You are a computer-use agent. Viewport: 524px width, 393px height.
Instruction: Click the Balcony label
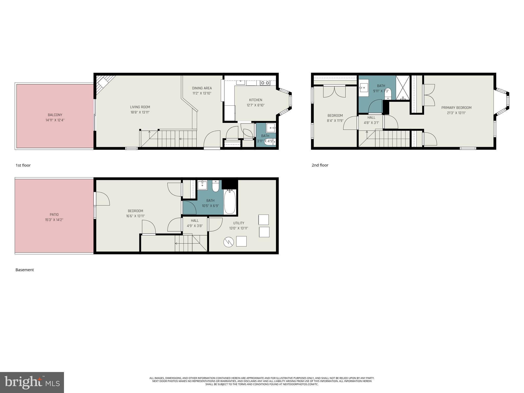(55, 115)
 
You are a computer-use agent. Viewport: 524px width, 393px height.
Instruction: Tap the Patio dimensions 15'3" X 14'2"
(54, 220)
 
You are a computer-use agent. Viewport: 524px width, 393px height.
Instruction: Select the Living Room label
(140, 107)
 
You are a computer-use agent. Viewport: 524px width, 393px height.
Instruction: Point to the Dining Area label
(202, 88)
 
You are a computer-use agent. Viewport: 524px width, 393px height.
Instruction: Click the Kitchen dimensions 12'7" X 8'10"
(256, 105)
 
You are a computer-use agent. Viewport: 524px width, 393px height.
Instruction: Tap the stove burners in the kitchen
(265, 83)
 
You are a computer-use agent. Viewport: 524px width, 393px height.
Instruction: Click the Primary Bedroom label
(456, 108)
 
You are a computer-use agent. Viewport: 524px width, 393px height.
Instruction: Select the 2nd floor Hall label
(371, 117)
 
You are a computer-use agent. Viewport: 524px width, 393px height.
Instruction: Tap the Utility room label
(238, 223)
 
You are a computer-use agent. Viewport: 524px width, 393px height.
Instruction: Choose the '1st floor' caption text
(23, 165)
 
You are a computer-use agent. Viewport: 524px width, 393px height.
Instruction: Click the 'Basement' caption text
(25, 270)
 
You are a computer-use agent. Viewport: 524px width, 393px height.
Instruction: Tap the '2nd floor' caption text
(320, 165)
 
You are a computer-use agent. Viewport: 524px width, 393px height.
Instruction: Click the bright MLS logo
(32, 382)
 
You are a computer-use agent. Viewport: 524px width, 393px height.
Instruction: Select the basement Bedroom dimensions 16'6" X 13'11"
(135, 216)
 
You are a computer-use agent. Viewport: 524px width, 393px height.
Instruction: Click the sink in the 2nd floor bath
(363, 88)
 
